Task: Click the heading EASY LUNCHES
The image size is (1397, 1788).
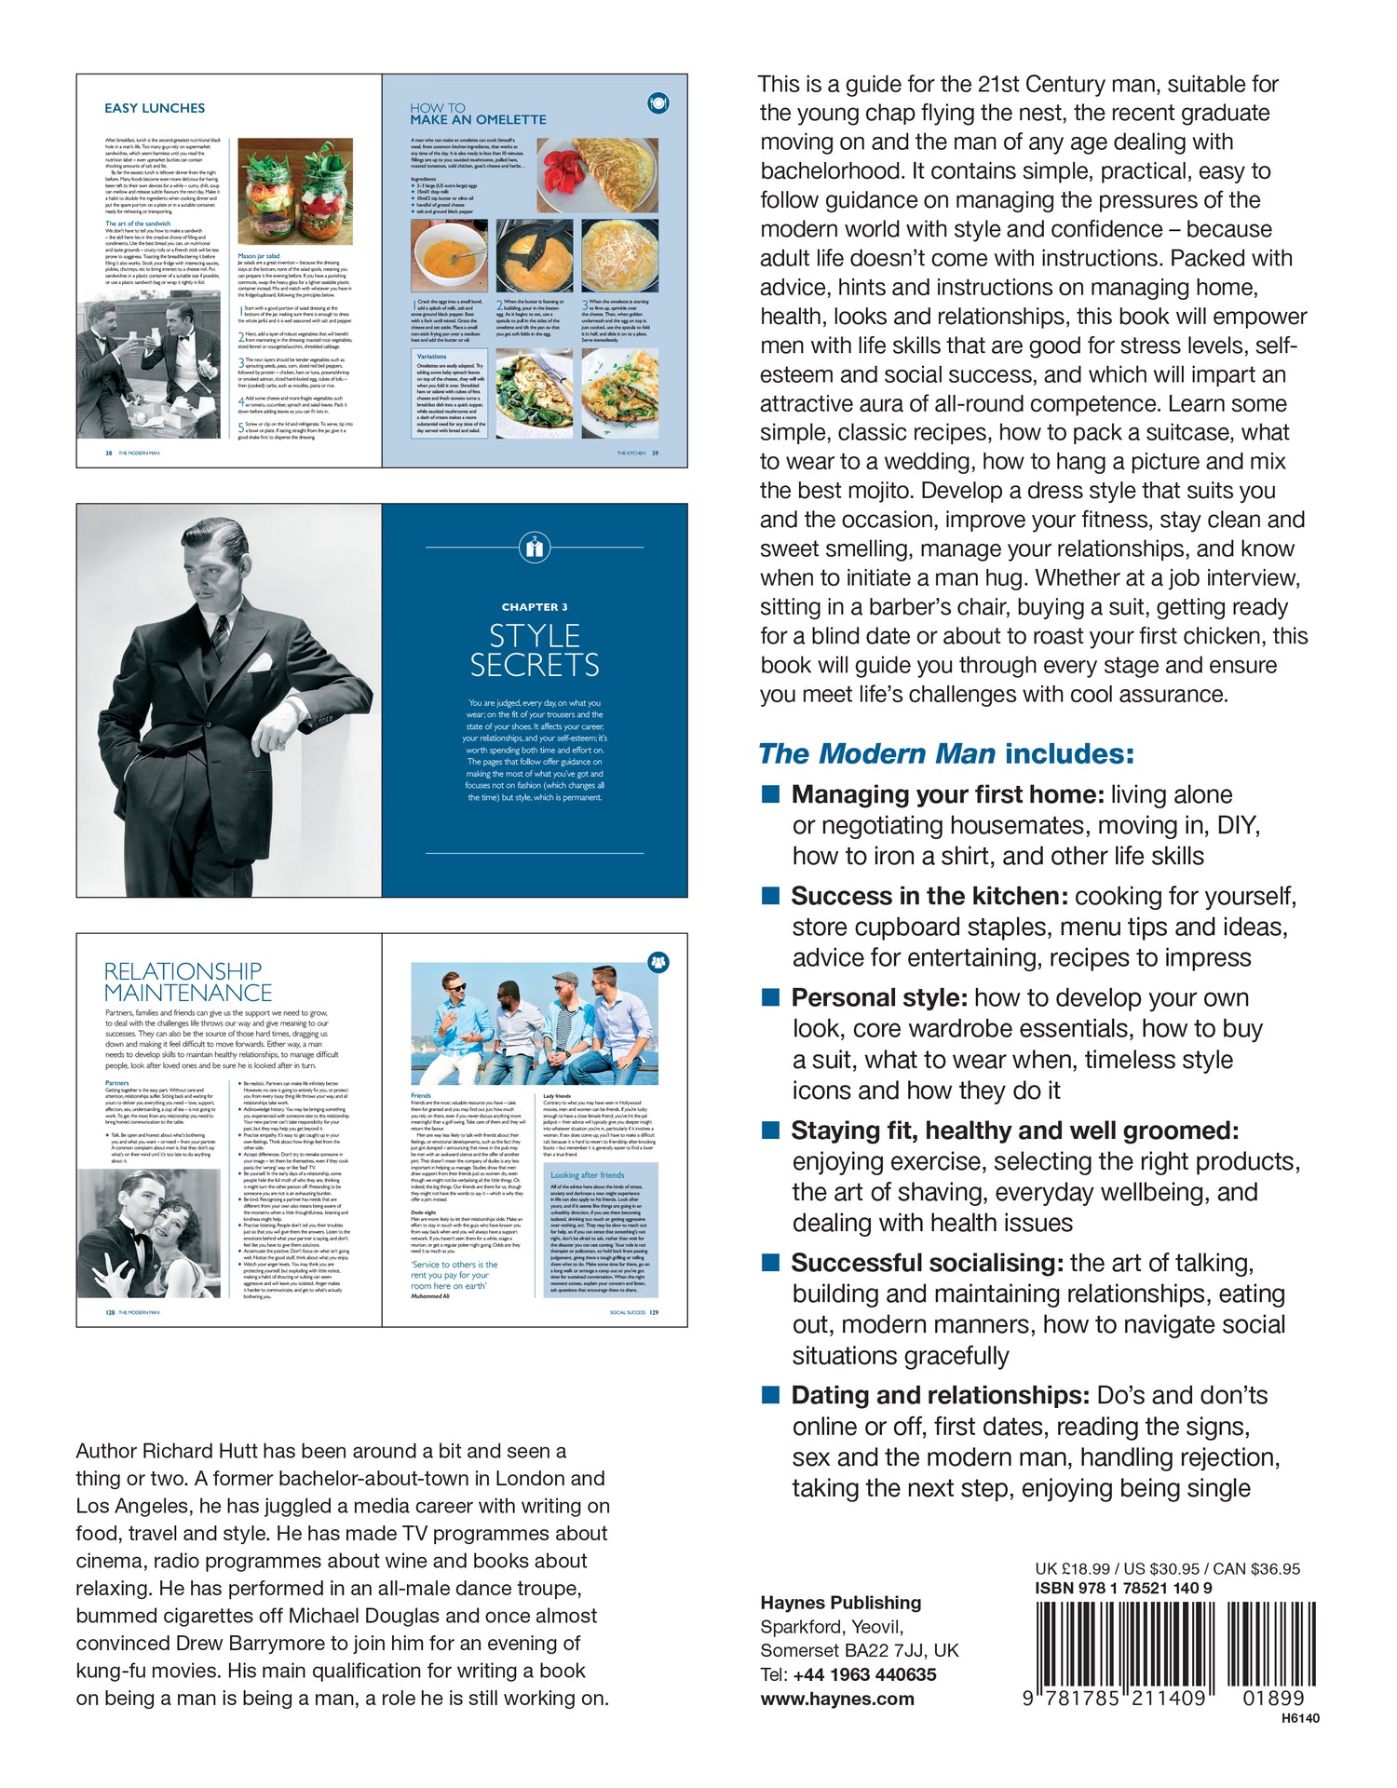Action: click(155, 108)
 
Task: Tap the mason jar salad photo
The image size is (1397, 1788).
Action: click(295, 191)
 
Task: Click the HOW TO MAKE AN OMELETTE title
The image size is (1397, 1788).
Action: click(478, 114)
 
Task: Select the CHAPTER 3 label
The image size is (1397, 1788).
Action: click(535, 607)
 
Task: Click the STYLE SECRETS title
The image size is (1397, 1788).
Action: click(535, 651)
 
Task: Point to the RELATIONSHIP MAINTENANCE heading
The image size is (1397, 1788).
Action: click(188, 982)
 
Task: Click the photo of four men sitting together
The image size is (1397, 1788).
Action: click(535, 1023)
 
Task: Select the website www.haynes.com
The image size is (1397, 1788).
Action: click(836, 1699)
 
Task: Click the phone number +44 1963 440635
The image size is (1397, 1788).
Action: click(864, 1674)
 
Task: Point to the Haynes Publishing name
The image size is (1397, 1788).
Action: click(840, 1603)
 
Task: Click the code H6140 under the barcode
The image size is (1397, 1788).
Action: click(1300, 1718)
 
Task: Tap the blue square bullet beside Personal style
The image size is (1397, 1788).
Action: click(770, 997)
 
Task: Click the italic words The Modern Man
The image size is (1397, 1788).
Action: click(876, 753)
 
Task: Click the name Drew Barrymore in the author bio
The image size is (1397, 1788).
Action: click(251, 1644)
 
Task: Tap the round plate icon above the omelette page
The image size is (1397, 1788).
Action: click(658, 102)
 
